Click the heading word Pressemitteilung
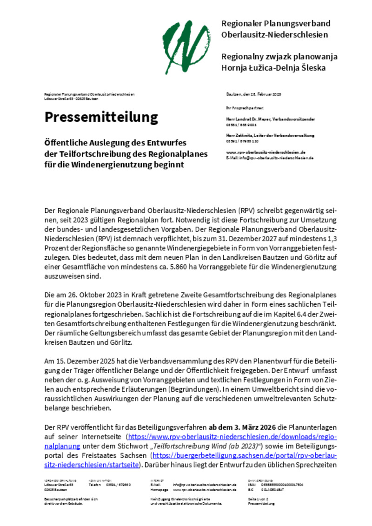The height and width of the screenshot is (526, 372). point(101,117)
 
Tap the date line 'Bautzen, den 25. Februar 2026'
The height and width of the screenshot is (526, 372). point(254,94)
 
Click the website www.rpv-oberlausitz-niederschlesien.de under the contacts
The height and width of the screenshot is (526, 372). point(266,152)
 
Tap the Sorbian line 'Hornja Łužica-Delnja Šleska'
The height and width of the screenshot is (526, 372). point(273,68)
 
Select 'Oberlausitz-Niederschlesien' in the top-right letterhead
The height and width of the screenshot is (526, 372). point(274,34)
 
